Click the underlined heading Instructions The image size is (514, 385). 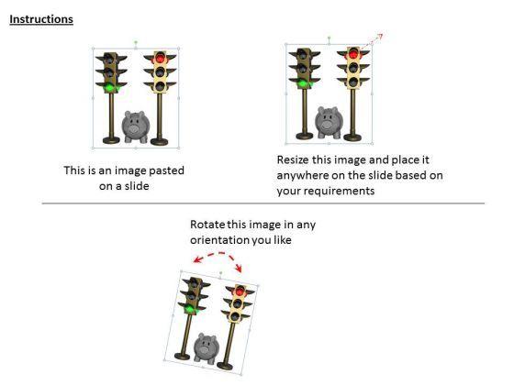coord(41,19)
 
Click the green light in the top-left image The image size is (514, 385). coord(109,88)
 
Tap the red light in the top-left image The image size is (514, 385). coord(160,58)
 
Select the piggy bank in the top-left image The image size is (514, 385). coord(136,127)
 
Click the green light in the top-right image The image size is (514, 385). coord(303,83)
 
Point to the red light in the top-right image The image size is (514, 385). coord(353,54)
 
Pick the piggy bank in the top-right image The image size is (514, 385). coord(329,122)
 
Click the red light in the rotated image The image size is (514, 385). coord(240,291)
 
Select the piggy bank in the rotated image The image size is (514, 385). coord(206,348)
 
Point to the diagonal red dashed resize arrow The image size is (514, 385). coord(373,41)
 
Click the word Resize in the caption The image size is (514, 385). coord(293,159)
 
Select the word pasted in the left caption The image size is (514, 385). coord(166,170)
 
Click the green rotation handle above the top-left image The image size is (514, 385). coord(136,42)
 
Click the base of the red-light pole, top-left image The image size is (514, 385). coord(160,141)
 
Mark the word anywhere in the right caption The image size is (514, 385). coord(303,175)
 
